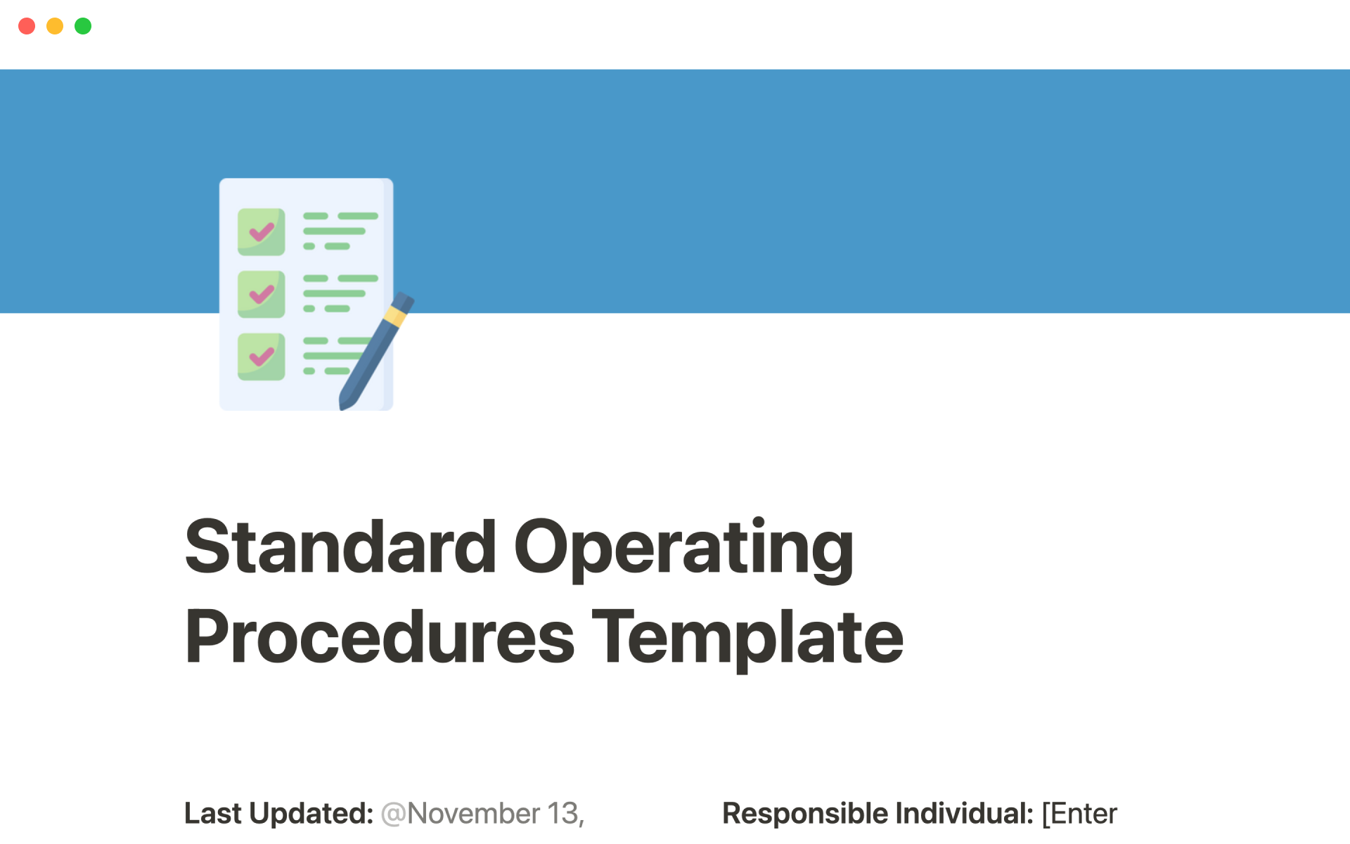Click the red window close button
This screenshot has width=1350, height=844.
tap(27, 26)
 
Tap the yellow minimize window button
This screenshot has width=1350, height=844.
tap(55, 26)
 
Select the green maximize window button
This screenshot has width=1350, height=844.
tap(83, 26)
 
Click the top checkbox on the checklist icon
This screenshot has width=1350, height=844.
tap(262, 231)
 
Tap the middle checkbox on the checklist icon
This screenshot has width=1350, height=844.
tap(262, 294)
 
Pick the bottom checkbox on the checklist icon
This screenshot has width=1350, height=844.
tap(262, 357)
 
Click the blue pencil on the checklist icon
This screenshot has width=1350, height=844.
tap(377, 351)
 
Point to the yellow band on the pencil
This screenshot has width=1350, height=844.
tap(396, 316)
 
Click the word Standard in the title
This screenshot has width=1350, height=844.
tap(341, 546)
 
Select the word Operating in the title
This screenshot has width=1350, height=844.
tap(684, 549)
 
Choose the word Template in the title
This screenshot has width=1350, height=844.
tap(748, 639)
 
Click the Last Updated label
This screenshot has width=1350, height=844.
tap(278, 813)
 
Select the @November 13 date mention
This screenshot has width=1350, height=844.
tap(482, 814)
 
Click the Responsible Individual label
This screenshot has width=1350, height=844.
tap(877, 813)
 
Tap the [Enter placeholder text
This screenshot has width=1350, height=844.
tap(1079, 814)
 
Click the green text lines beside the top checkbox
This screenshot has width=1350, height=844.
tap(340, 231)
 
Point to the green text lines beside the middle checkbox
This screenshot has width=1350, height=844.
tap(340, 293)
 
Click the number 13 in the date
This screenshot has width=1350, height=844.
tap(562, 813)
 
